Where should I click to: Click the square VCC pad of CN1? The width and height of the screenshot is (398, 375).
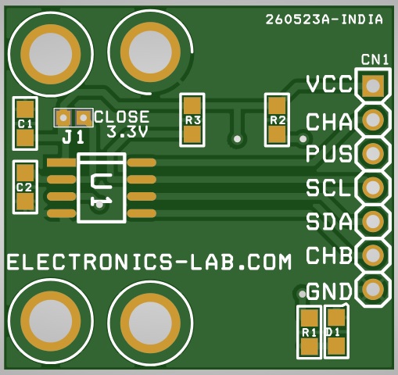click(x=373, y=85)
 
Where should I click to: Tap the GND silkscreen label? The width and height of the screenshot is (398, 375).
click(x=329, y=291)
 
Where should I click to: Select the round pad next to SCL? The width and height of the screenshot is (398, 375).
click(x=373, y=187)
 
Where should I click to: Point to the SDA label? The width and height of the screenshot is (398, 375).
click(x=329, y=222)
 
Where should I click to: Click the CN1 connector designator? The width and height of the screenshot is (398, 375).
click(x=375, y=59)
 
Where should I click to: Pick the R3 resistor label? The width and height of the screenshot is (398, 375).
click(x=193, y=120)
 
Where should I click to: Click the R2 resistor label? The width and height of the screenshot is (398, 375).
click(x=278, y=120)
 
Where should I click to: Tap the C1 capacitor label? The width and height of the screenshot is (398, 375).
click(x=25, y=124)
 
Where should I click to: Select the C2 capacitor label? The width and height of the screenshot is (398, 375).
click(x=24, y=187)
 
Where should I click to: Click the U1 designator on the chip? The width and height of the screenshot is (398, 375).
click(x=100, y=190)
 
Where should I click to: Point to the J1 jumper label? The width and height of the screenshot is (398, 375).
click(x=74, y=137)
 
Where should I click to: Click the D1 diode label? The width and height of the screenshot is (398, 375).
click(x=333, y=332)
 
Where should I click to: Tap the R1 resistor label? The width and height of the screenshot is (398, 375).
click(x=309, y=333)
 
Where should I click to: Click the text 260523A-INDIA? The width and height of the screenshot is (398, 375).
click(x=324, y=20)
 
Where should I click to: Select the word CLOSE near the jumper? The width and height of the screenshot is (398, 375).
click(x=122, y=117)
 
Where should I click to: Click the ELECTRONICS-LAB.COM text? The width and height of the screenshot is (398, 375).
click(x=149, y=262)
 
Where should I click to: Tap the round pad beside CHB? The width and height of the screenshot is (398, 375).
click(x=373, y=255)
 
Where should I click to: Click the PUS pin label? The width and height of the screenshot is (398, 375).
click(x=329, y=154)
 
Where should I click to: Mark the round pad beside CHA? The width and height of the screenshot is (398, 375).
click(x=373, y=120)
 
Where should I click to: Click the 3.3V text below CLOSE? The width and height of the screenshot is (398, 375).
click(x=127, y=132)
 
